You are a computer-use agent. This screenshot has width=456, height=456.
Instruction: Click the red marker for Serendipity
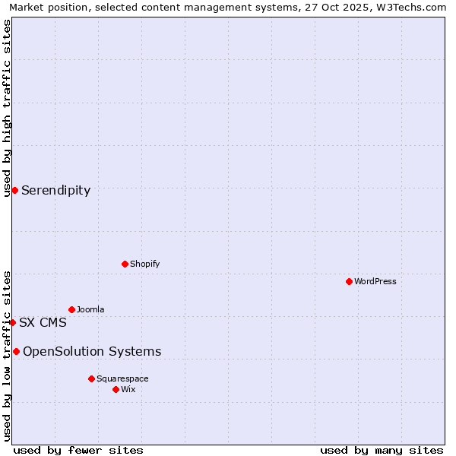pyautogui.click(x=14, y=190)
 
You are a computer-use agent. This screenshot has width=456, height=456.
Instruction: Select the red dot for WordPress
pyautogui.click(x=349, y=281)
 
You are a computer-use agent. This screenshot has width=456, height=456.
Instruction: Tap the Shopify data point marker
pyautogui.click(x=125, y=264)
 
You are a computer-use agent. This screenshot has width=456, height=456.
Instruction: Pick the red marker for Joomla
pyautogui.click(x=71, y=309)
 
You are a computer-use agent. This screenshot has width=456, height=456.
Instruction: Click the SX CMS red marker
pyautogui.click(x=12, y=322)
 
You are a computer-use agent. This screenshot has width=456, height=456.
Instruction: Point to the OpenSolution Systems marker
pyautogui.click(x=16, y=351)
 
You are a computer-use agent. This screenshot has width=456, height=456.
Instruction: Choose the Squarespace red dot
pyautogui.click(x=91, y=378)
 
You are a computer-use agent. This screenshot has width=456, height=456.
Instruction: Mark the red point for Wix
pyautogui.click(x=116, y=389)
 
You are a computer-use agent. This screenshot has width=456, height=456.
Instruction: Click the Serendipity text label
pyautogui.click(x=55, y=191)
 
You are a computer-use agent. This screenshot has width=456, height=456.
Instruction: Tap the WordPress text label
pyautogui.click(x=375, y=281)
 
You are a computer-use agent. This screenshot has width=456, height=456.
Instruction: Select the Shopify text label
pyautogui.click(x=144, y=264)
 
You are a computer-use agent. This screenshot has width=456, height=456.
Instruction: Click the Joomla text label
pyautogui.click(x=90, y=309)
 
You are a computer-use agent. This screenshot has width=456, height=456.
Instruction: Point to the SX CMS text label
pyautogui.click(x=43, y=322)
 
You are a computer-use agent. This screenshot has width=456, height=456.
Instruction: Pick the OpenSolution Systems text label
pyautogui.click(x=92, y=351)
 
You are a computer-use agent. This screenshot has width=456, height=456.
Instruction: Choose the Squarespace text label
pyautogui.click(x=122, y=378)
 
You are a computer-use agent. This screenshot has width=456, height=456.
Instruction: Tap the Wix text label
pyautogui.click(x=128, y=389)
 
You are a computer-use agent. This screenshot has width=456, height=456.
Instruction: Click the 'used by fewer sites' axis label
pyautogui.click(x=78, y=450)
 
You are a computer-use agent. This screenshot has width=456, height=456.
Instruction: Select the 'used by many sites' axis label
pyautogui.click(x=382, y=450)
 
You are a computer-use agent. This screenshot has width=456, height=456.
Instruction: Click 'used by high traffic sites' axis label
pyautogui.click(x=7, y=108)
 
